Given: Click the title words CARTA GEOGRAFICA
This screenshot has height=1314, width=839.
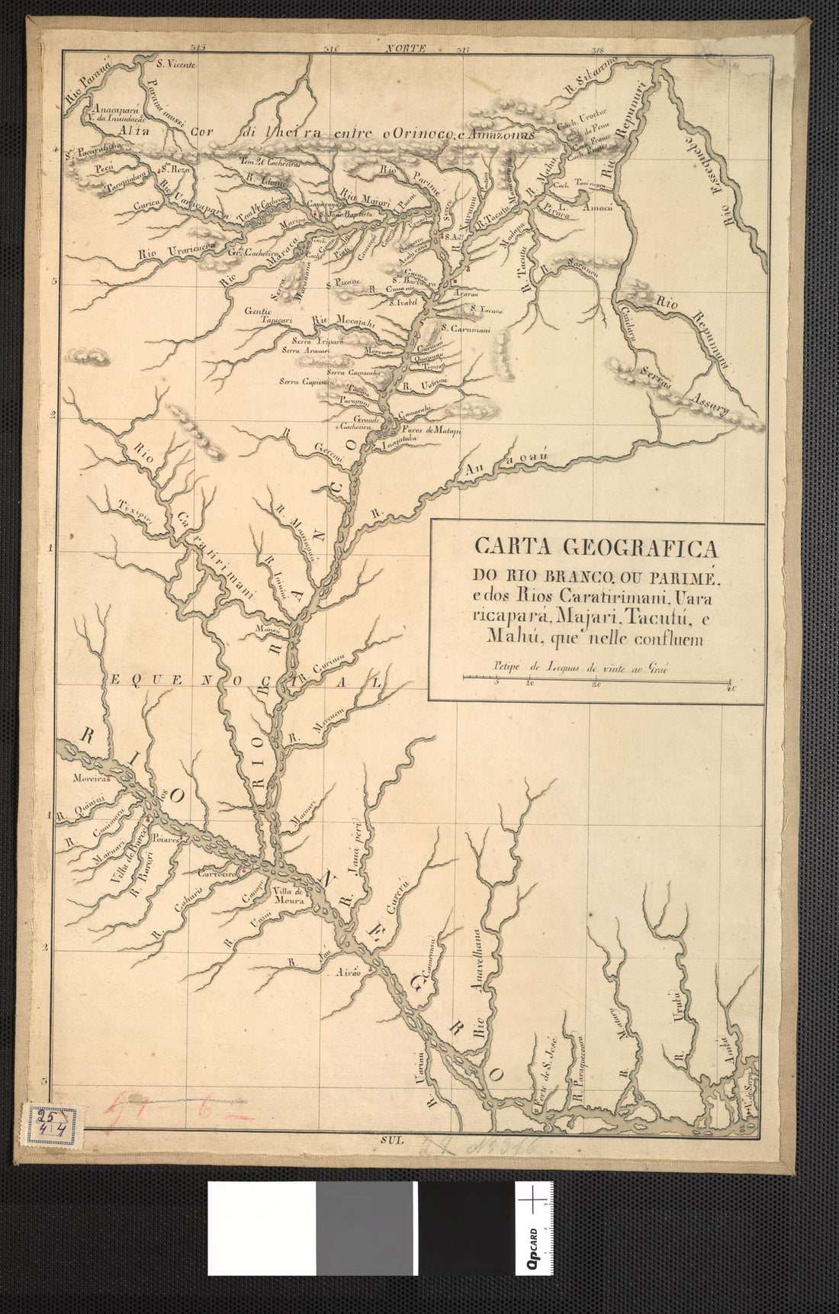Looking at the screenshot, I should tap(596, 548).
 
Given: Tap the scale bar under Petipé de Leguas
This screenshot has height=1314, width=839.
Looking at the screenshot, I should tap(596, 677).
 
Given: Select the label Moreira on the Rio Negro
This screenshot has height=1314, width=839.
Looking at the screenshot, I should tap(86, 780).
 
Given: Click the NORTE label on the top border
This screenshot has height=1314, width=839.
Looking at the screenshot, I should tap(405, 49).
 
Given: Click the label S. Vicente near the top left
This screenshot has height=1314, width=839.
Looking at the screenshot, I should tap(176, 64).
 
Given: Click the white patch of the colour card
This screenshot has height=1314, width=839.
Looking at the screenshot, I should tap(262, 1228).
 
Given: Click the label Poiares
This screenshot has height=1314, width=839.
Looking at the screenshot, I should tap(165, 838).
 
